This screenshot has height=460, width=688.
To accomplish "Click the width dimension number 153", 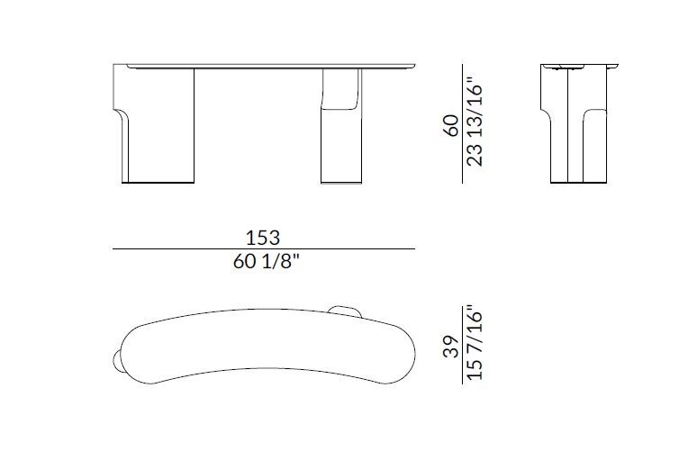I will (x=263, y=238).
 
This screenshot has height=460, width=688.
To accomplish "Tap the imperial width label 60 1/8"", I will (x=263, y=262).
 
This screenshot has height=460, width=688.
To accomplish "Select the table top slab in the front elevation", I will (x=270, y=66).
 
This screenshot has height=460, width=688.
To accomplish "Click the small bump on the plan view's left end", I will (x=118, y=360).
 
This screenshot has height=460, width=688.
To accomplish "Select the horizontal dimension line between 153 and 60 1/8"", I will (x=263, y=248).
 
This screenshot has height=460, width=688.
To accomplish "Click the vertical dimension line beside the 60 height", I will (x=463, y=123).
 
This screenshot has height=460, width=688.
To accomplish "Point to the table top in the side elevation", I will (x=581, y=66).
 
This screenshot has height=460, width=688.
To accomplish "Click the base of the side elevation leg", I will (x=581, y=183).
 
